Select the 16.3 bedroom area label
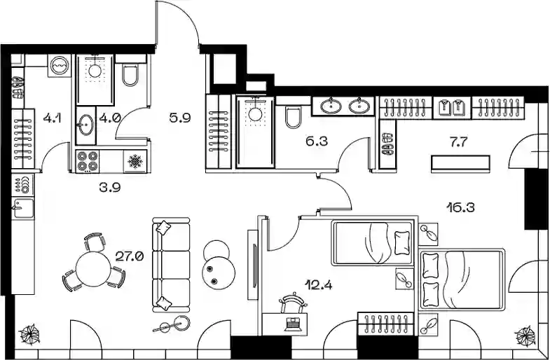pos(461,207)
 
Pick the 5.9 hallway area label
pos(180,118)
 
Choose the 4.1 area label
pos(53,118)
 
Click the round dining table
pos(94,270)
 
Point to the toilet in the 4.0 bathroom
pos(131,75)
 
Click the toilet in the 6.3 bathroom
pos(294,118)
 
